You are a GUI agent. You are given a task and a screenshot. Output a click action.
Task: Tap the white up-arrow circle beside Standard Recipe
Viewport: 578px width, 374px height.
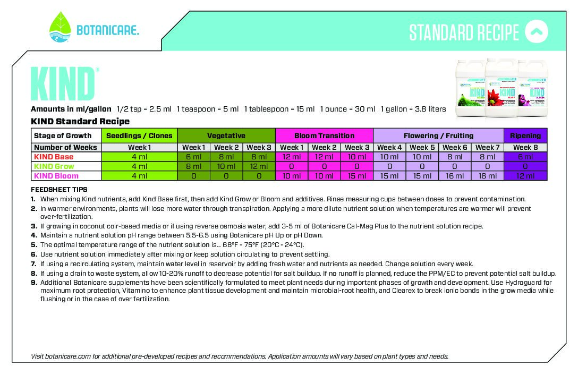[x=536, y=31]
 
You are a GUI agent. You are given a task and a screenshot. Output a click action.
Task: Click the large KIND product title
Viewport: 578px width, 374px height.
[x=63, y=84]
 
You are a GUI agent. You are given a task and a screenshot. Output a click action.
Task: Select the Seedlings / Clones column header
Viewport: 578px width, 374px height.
[x=139, y=135]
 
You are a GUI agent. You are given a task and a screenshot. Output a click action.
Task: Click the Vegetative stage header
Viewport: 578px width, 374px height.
[x=226, y=135]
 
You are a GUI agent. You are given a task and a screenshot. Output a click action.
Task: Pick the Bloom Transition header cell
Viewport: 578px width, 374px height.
[x=324, y=135]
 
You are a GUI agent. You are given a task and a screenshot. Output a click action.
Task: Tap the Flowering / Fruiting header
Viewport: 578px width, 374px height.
[x=438, y=135]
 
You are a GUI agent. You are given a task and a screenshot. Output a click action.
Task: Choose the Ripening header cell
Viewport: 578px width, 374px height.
[x=525, y=135]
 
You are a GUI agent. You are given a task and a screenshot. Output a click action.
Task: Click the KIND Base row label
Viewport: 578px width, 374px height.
[x=54, y=157]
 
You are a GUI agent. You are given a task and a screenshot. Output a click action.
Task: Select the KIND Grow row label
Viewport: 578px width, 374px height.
[x=54, y=166]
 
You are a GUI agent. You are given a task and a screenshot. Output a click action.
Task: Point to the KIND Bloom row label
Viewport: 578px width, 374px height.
[x=56, y=176]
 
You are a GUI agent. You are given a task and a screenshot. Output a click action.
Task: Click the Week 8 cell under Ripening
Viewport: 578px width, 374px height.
[x=525, y=147]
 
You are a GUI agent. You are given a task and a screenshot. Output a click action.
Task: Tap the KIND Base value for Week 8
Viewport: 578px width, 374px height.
[x=525, y=157]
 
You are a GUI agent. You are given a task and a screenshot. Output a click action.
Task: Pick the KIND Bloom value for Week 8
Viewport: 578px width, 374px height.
[x=525, y=176]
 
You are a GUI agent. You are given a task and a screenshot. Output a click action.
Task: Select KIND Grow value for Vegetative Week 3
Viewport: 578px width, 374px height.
[x=259, y=166]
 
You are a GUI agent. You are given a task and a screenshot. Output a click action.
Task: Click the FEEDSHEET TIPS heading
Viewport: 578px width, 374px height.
[x=59, y=190]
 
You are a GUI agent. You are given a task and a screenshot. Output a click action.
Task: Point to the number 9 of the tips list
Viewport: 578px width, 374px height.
[x=33, y=283]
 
